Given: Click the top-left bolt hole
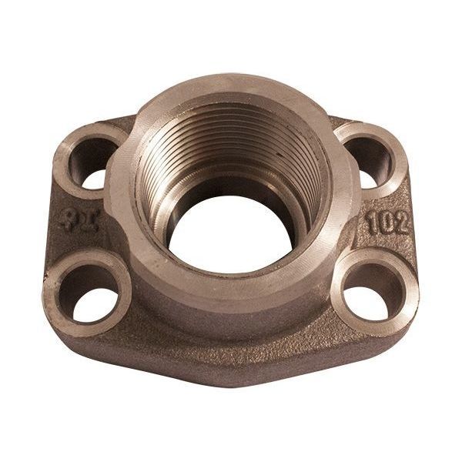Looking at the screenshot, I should (x=96, y=160).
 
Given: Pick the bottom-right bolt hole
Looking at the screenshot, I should (x=375, y=290).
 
